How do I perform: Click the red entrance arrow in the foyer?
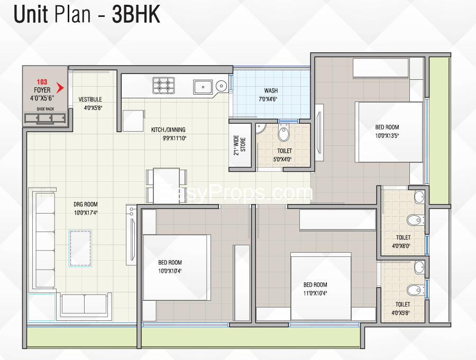pos(60,88)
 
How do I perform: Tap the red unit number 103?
pos(42,82)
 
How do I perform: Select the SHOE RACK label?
pos(45,109)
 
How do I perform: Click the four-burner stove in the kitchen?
pos(163,85)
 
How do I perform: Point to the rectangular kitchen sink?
pos(203,87)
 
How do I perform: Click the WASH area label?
pos(271,90)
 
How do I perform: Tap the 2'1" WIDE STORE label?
pos(240,145)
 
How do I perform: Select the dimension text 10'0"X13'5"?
pos(387,136)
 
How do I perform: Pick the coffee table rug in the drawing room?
pos(80,248)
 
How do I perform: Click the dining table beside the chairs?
pos(167,186)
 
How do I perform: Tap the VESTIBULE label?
pos(90,99)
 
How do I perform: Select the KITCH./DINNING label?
pos(168,130)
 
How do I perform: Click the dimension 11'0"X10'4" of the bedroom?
pos(315,293)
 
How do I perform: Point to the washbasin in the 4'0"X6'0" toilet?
pos(419,197)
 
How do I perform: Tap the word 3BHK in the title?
pos(136,14)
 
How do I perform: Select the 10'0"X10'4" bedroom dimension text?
pos(170,271)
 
